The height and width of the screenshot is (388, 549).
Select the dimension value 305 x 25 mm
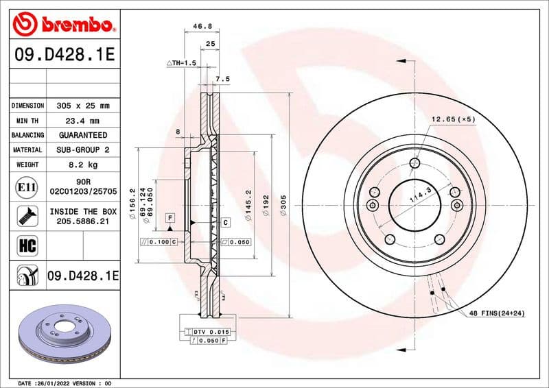[x=82, y=106]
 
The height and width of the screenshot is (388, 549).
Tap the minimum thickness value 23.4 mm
[x=82, y=121]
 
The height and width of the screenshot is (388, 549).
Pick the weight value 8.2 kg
[x=82, y=165]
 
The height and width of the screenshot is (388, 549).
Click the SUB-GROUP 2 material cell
[x=82, y=150]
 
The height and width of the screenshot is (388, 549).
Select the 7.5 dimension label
[x=223, y=80]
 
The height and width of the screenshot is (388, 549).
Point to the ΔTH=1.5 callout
[x=182, y=62]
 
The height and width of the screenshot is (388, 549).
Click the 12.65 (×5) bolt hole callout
[x=453, y=119]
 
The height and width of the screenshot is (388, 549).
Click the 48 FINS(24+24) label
[x=497, y=313]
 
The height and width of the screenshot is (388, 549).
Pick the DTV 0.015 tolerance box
[x=210, y=331]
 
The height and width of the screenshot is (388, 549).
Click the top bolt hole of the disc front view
[x=414, y=162]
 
